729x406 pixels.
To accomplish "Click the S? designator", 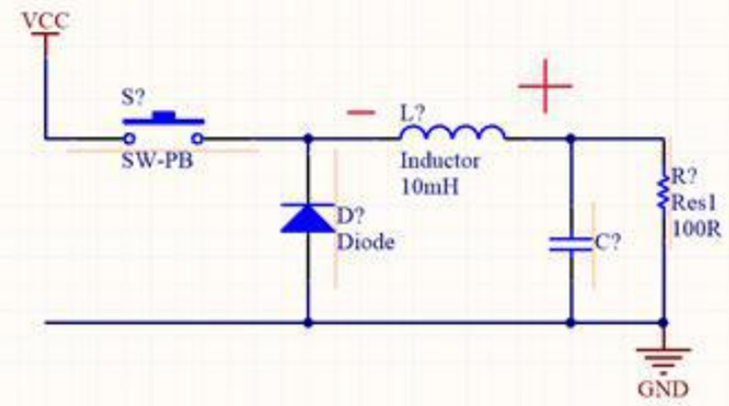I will point(135,97).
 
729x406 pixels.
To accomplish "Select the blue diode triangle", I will point(307,218).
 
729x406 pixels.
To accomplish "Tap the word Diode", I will point(366,242).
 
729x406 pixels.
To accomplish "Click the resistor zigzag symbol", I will point(665,190).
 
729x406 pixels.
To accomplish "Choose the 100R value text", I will point(694,231).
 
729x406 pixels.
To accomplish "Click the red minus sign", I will point(361,113).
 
